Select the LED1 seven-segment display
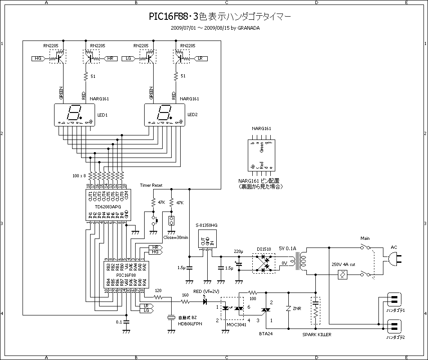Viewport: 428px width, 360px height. [74, 115]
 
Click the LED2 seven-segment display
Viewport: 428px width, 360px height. [164, 115]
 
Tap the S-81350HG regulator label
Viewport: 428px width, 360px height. [206, 225]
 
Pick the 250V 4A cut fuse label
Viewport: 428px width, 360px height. [343, 264]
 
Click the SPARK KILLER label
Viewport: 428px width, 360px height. [317, 335]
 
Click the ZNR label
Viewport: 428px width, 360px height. [297, 309]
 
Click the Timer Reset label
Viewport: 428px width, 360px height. [151, 185]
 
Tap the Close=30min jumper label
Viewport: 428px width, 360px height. [176, 237]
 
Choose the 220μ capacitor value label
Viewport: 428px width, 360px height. [238, 251]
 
